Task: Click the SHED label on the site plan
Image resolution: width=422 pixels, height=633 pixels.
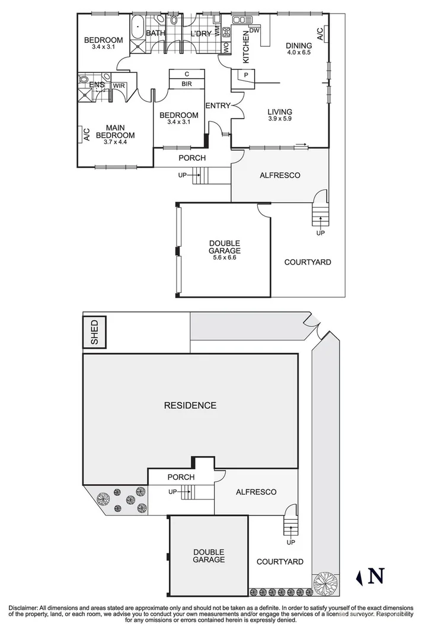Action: pyautogui.click(x=95, y=332)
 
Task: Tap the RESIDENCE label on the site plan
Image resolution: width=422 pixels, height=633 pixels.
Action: pyautogui.click(x=190, y=406)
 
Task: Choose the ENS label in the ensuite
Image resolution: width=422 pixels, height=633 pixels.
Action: pyautogui.click(x=97, y=85)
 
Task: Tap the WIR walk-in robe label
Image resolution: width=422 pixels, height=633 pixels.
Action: pyautogui.click(x=119, y=85)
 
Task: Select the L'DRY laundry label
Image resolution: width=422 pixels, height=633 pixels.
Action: pyautogui.click(x=201, y=33)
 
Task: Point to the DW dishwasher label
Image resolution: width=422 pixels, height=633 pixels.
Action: pyautogui.click(x=255, y=30)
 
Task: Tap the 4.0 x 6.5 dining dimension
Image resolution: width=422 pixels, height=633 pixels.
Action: pyautogui.click(x=298, y=52)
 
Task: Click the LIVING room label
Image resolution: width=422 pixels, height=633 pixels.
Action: pyautogui.click(x=280, y=111)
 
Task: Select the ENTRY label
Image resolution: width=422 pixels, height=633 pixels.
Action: pyautogui.click(x=218, y=106)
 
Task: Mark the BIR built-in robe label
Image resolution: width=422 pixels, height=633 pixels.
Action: pyautogui.click(x=187, y=84)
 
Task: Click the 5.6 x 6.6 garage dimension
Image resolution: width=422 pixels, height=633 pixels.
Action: pyautogui.click(x=224, y=257)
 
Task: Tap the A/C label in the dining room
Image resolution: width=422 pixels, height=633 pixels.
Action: pyautogui.click(x=320, y=34)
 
